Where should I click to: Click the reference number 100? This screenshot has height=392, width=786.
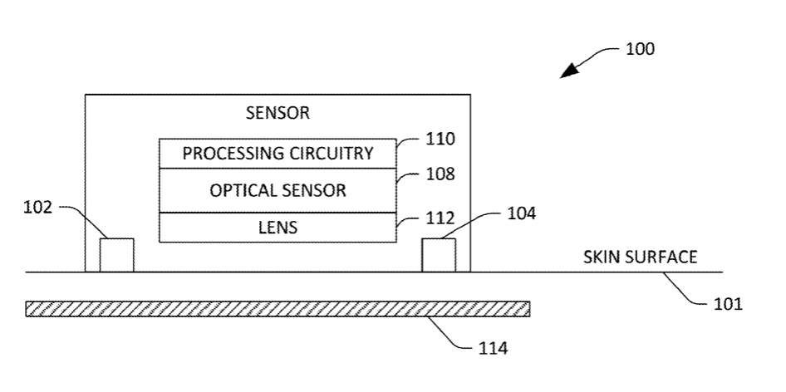coord(640,49)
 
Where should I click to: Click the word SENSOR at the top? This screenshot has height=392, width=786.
coord(278,113)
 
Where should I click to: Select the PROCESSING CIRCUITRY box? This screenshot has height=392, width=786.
coord(278,154)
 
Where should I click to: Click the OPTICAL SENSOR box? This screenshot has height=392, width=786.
coord(278,190)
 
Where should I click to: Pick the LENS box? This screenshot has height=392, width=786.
coord(278,227)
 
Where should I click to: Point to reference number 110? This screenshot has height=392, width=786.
coord(440,139)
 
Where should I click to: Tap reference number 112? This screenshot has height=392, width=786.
coord(440,219)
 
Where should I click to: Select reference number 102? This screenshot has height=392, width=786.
coord(37,208)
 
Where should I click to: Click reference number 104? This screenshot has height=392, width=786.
coord(522,213)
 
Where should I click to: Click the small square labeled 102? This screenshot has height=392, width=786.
coord(116,255)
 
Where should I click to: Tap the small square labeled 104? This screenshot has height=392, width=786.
coord(439,255)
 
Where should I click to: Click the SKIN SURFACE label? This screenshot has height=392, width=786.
coord(641,257)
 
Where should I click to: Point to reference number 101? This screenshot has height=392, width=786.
coord(728,304)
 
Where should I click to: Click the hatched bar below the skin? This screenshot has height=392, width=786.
coord(278,309)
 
